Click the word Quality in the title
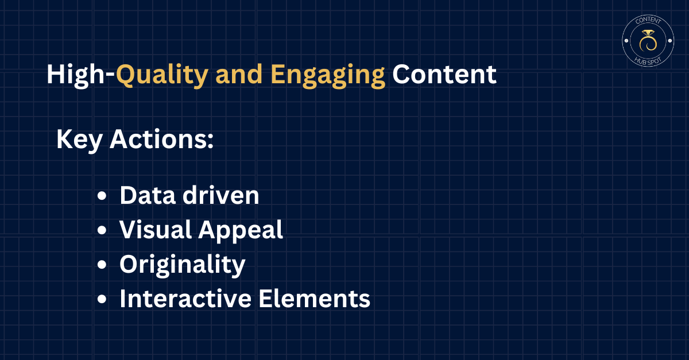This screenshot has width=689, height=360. tap(162, 75)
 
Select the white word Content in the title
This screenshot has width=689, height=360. tap(444, 74)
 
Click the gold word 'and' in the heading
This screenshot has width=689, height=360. tap(239, 74)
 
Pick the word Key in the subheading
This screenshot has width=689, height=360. tap(79, 140)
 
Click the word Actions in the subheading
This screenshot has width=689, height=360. tap(161, 139)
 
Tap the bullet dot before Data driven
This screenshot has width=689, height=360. tap(102, 196)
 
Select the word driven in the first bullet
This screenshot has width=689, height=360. tap(221, 195)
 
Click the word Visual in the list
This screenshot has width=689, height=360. tap(156, 230)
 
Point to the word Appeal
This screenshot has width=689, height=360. tap(241, 231)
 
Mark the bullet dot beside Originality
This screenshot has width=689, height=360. tap(102, 265)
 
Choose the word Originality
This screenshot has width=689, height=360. tap(183, 265)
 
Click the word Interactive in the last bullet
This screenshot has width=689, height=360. tap(185, 299)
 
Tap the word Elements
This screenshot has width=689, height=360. tap(314, 299)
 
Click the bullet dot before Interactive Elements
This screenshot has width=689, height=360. tap(102, 299)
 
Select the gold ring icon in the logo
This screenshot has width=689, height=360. tap(648, 41)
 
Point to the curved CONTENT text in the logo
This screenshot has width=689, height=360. tap(648, 20)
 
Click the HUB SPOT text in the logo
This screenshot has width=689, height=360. tap(648, 61)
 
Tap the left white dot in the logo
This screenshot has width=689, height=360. tap(626, 41)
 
